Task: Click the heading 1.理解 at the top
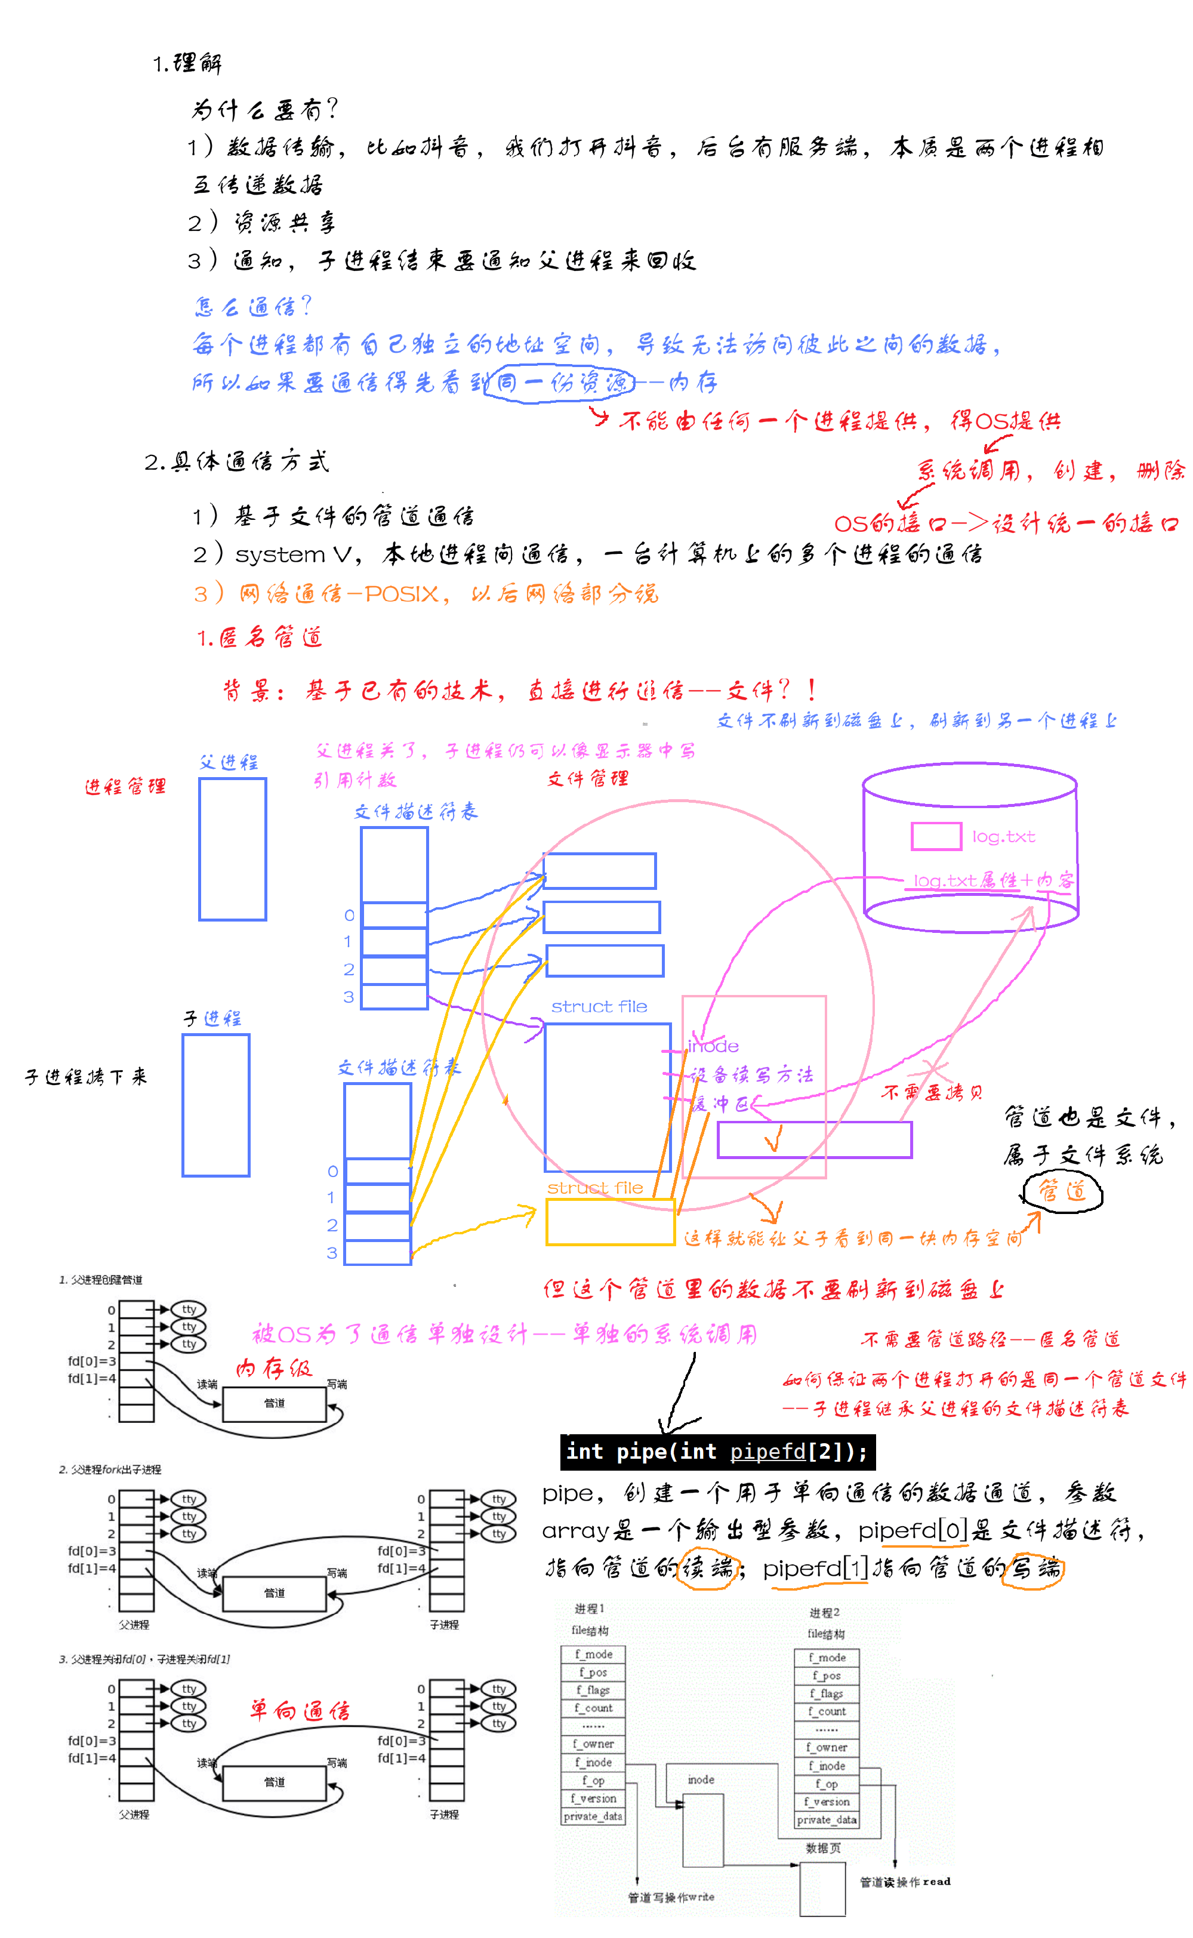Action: click(x=187, y=63)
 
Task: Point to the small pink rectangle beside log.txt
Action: click(x=936, y=836)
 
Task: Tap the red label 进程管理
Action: click(x=125, y=786)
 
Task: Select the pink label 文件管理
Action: click(x=588, y=779)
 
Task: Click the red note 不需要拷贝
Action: click(x=932, y=1092)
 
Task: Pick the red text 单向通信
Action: click(x=300, y=1710)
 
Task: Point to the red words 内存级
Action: click(x=274, y=1367)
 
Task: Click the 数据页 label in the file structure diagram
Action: click(x=823, y=1848)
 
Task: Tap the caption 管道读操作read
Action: click(x=905, y=1882)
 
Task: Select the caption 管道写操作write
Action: click(x=671, y=1897)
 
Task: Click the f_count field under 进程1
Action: click(x=593, y=1708)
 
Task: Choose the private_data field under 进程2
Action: click(x=826, y=1820)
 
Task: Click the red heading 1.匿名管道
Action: click(x=260, y=637)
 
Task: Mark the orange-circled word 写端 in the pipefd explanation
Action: click(x=1033, y=1568)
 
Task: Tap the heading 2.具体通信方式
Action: click(x=237, y=461)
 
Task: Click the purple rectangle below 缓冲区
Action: click(x=813, y=1139)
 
